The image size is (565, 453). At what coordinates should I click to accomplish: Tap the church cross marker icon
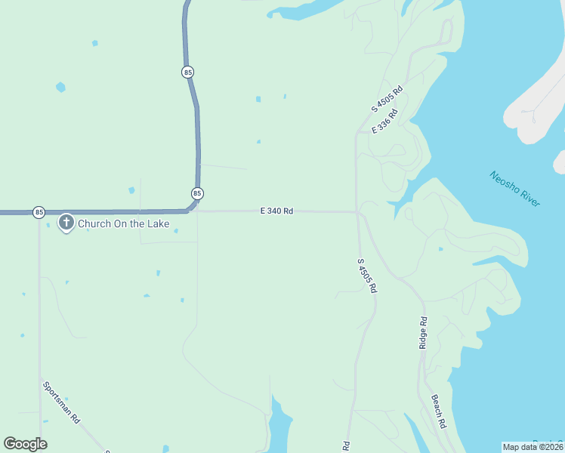(x=66, y=223)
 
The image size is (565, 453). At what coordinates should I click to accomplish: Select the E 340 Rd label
(x=276, y=211)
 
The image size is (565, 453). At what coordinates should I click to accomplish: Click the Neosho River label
(x=514, y=190)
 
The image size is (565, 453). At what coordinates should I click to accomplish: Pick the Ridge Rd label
(x=423, y=332)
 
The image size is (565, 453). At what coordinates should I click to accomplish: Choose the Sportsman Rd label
(x=61, y=401)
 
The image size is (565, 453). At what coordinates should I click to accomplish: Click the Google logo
(x=25, y=444)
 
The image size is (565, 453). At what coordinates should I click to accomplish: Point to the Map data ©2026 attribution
(x=533, y=446)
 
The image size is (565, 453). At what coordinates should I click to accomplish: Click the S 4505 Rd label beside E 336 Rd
(x=387, y=99)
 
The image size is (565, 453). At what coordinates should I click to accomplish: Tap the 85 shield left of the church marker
(x=39, y=212)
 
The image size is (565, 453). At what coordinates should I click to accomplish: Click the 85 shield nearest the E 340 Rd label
(x=197, y=193)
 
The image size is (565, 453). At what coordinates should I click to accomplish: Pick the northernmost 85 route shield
(x=187, y=72)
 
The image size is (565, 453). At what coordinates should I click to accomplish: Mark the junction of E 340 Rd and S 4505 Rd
(x=357, y=212)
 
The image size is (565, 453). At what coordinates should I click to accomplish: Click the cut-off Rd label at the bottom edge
(x=346, y=446)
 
